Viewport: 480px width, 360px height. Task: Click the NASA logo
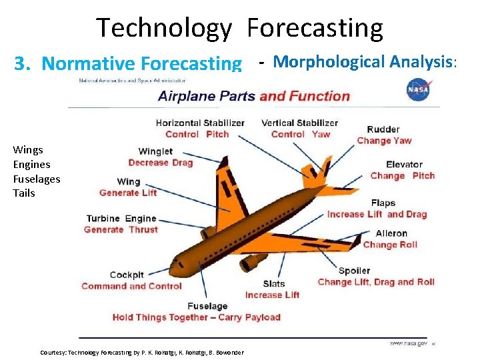pyautogui.click(x=418, y=89)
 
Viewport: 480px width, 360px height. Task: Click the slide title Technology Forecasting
pyautogui.click(x=240, y=28)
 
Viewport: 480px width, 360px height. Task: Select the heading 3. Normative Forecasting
pyautogui.click(x=128, y=63)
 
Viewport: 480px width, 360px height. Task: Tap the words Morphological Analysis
pyautogui.click(x=363, y=62)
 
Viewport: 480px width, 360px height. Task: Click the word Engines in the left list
pyautogui.click(x=31, y=165)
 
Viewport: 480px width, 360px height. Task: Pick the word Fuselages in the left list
pyautogui.click(x=36, y=179)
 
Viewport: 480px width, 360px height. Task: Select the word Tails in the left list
pyautogui.click(x=24, y=193)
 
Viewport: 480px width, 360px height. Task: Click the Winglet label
pyautogui.click(x=155, y=151)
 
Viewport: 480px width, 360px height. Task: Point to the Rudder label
pyautogui.click(x=383, y=129)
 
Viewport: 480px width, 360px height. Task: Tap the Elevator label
pyautogui.click(x=404, y=165)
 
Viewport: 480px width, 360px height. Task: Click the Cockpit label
pyautogui.click(x=127, y=275)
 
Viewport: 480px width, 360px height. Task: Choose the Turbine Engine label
pyautogui.click(x=121, y=219)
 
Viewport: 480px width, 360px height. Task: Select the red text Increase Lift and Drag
pyautogui.click(x=377, y=214)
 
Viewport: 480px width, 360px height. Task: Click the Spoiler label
pyautogui.click(x=354, y=271)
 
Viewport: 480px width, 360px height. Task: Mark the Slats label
pyautogui.click(x=274, y=284)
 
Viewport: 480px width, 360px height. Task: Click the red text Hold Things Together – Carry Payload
pyautogui.click(x=196, y=317)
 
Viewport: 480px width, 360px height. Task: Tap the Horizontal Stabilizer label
pyautogui.click(x=200, y=123)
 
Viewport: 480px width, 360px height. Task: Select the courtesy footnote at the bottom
pyautogui.click(x=142, y=352)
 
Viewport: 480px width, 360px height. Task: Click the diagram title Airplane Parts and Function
pyautogui.click(x=253, y=96)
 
